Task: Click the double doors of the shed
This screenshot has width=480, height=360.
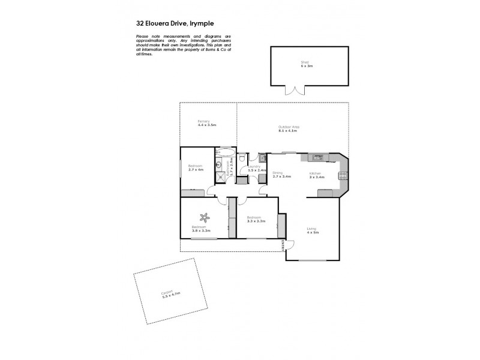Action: coord(295,91)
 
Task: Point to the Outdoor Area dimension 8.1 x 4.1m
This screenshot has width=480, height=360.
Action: coord(289,131)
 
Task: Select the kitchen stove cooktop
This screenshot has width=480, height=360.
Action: coord(343,176)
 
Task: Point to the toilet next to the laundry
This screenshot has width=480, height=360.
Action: coord(241,159)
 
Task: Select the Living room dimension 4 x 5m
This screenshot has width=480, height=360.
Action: coord(313,232)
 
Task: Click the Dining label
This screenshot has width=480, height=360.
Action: coord(277,173)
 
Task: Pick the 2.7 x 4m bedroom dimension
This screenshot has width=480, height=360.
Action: coord(196,170)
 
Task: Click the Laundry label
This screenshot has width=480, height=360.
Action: coord(253,167)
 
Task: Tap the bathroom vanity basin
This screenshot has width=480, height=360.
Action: coord(220,163)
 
